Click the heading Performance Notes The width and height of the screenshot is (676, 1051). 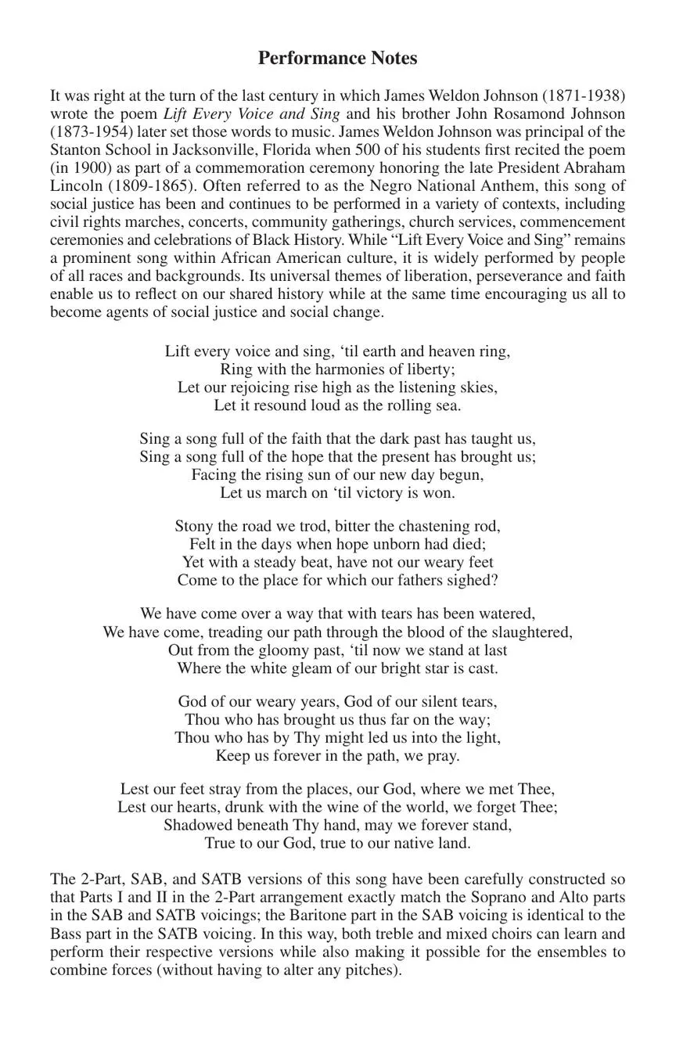tap(337, 59)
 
